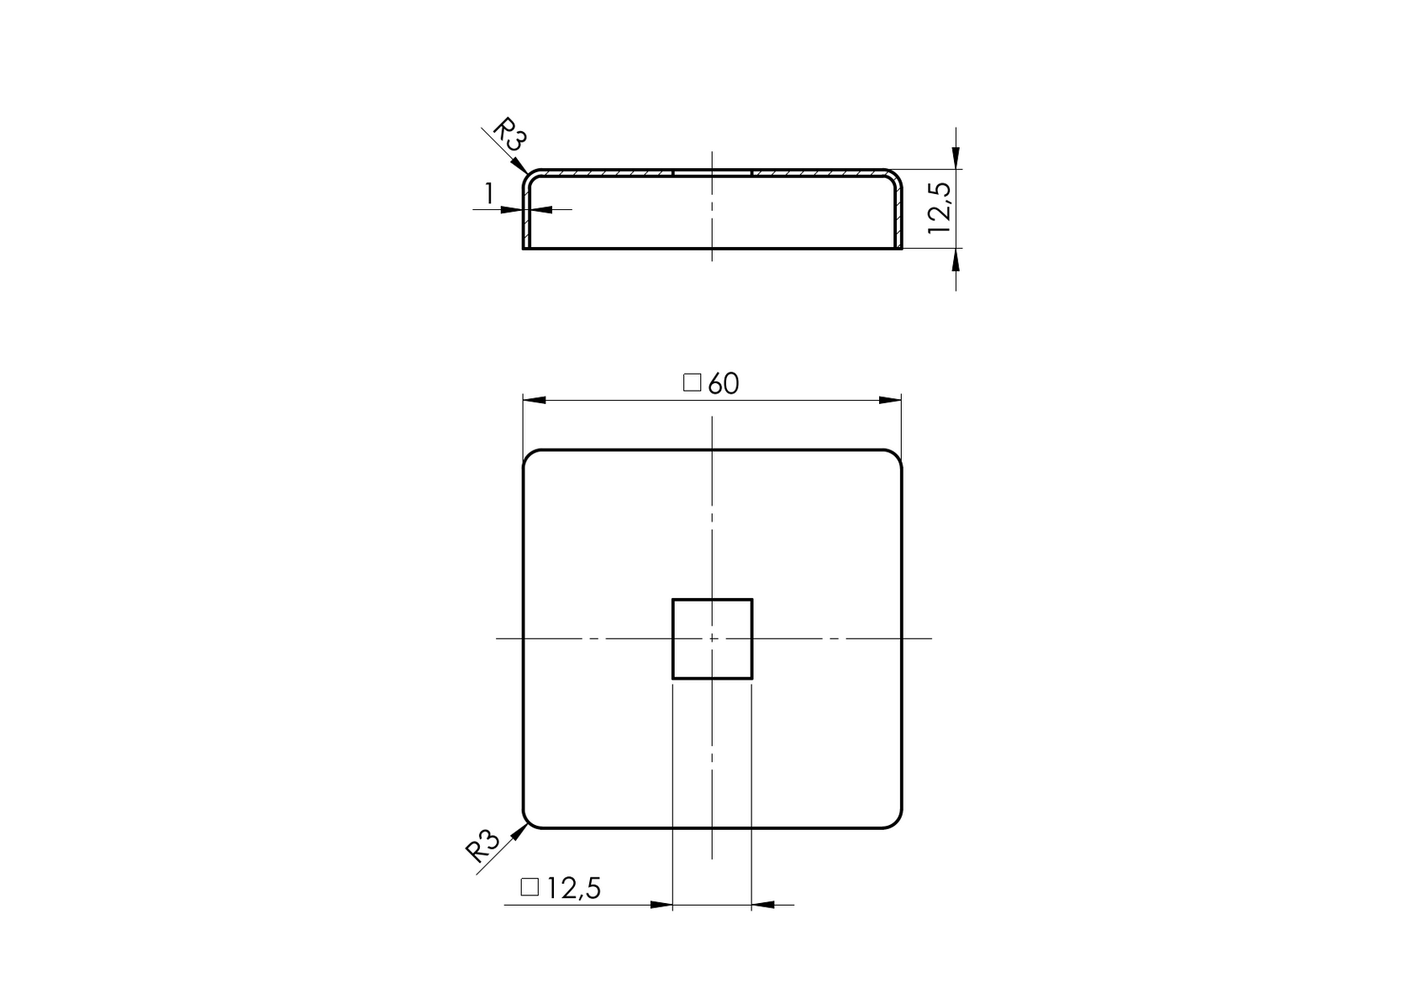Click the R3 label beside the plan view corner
(x=483, y=845)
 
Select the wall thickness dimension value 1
(x=488, y=195)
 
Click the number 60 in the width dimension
(x=723, y=384)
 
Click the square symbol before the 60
(x=692, y=383)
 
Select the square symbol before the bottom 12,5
(x=529, y=887)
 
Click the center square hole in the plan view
(x=712, y=638)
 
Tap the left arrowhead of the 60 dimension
(x=534, y=401)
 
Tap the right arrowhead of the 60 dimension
(x=891, y=401)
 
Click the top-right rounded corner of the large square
(x=897, y=455)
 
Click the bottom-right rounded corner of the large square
(x=897, y=823)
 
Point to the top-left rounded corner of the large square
(x=529, y=455)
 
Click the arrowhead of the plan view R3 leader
(x=521, y=830)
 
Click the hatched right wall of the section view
(x=898, y=214)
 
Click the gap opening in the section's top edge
(x=712, y=172)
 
